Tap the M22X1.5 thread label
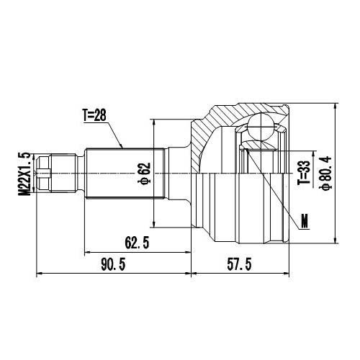[26, 174]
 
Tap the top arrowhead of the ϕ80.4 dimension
[336, 105]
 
